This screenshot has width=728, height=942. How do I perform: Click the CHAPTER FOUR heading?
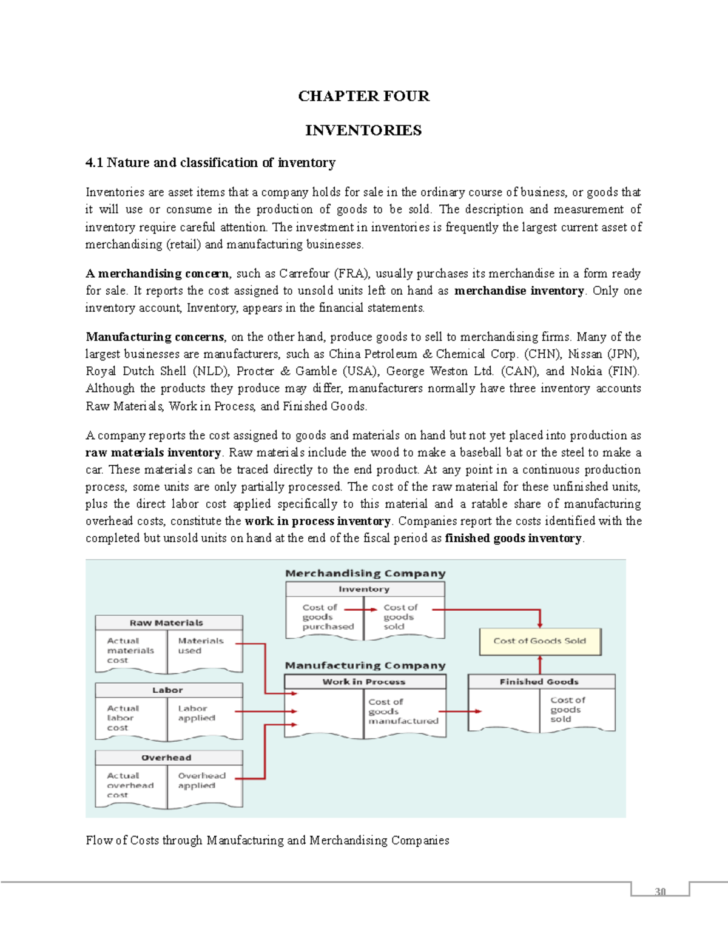pos(363,96)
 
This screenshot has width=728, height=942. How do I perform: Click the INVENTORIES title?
pos(363,130)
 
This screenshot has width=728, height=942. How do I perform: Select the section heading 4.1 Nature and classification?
pos(210,163)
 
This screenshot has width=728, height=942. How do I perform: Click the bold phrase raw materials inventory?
pos(153,452)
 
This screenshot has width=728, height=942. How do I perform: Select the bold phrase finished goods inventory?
pos(513,538)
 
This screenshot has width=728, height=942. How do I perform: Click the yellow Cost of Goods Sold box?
pos(539,641)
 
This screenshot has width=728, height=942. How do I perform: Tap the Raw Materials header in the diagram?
pos(166,623)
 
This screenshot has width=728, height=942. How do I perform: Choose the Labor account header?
pos(167,690)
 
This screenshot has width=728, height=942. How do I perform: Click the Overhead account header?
pos(166,758)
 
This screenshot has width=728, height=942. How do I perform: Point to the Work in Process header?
pos(364,682)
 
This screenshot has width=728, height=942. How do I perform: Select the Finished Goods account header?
pos(539,682)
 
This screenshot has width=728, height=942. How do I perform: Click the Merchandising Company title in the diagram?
pos(365,573)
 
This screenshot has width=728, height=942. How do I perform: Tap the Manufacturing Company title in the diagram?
pos(365,665)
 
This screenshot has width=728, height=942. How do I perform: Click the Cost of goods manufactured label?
pos(402,712)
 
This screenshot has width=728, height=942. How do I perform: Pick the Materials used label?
pos(200,645)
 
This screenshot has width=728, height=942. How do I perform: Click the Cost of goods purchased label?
pos(328,617)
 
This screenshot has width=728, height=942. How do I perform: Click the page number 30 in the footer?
pos(660,891)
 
